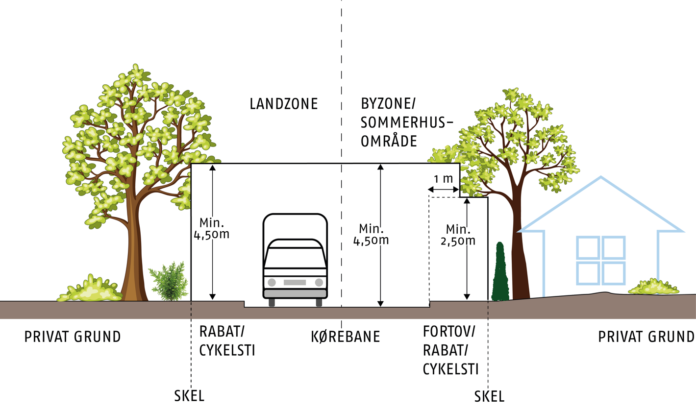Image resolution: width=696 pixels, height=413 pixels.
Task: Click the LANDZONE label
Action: [284, 104]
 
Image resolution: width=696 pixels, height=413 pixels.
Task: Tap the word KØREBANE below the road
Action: [346, 337]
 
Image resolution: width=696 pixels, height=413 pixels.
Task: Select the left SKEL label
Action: [189, 395]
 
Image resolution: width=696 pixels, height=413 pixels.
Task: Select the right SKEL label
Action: [489, 396]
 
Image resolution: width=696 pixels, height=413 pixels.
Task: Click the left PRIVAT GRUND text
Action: [73, 337]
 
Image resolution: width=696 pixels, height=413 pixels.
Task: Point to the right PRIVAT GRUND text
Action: [646, 337]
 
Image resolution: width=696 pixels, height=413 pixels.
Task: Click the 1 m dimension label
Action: [443, 179]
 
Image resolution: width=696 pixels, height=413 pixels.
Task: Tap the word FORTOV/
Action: [449, 332]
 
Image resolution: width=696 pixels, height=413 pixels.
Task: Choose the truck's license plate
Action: [295, 282]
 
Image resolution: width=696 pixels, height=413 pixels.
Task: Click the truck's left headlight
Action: [272, 282]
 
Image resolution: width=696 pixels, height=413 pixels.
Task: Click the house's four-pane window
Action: [600, 260]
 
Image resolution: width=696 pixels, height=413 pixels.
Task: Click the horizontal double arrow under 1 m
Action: [444, 190]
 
